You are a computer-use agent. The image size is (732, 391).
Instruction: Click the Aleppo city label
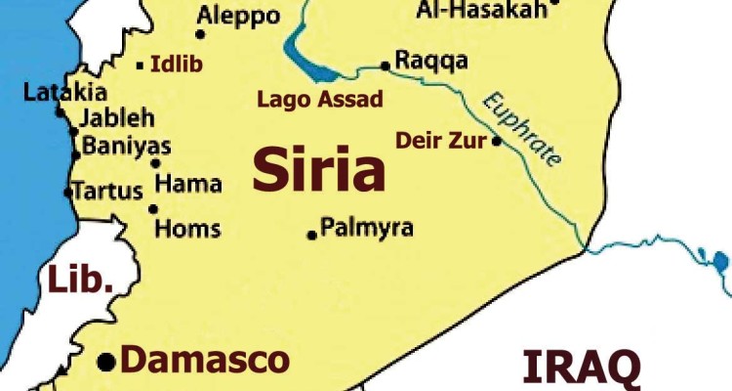point(238,16)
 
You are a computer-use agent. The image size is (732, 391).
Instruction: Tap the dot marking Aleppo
point(200,34)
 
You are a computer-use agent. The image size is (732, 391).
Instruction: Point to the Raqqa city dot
point(386,66)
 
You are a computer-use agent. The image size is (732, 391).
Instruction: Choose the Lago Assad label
point(319,99)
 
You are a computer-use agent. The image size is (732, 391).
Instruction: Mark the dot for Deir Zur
point(496,141)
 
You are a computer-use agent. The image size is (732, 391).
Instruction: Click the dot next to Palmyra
point(312,235)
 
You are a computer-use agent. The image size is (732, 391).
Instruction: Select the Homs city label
point(188,230)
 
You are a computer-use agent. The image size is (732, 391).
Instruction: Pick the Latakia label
point(64,93)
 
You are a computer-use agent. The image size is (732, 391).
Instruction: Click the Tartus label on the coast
point(108,190)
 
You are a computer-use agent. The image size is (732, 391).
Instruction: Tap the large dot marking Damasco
point(105,363)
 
